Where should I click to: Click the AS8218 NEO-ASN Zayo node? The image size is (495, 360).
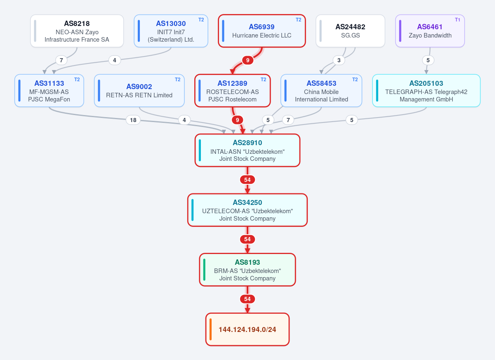[x=77, y=31]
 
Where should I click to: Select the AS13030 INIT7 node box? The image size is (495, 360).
[x=171, y=31]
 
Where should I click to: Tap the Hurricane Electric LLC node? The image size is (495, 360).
[x=262, y=31]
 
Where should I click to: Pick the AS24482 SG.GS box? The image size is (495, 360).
[x=350, y=31]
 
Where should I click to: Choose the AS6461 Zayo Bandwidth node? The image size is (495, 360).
[x=430, y=31]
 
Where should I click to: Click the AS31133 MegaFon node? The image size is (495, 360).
[x=49, y=91]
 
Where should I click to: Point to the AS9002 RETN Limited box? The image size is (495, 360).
[x=139, y=91]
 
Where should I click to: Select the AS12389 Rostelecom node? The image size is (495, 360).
[x=233, y=91]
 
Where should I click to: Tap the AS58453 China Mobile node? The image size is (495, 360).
[x=321, y=91]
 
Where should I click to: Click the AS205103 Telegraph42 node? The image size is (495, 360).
[x=426, y=91]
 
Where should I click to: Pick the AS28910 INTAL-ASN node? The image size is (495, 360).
[x=247, y=150]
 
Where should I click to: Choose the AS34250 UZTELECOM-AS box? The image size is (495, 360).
[x=247, y=210]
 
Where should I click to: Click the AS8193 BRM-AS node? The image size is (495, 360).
[x=247, y=270]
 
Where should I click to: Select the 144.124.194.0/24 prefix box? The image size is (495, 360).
[x=247, y=329]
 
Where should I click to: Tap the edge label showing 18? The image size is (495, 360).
[x=133, y=120]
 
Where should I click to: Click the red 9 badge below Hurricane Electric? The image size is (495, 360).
[x=248, y=60]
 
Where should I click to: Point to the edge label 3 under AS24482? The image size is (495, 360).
[x=339, y=60]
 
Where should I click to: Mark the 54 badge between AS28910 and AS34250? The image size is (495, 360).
[x=247, y=180]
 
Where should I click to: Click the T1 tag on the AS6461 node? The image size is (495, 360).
[x=457, y=20]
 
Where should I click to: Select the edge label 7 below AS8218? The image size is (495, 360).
[x=61, y=60]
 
